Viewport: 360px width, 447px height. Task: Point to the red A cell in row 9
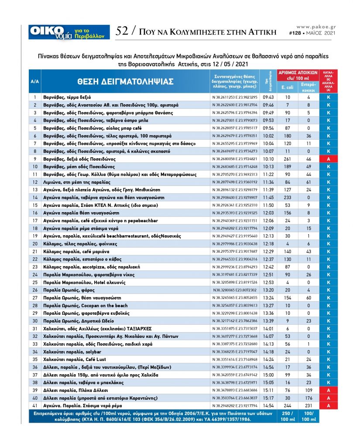click(328, 159)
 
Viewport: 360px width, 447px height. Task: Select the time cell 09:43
click(268, 97)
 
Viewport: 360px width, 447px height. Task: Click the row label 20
click(35, 243)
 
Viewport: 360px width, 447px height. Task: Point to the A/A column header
click(35, 82)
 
